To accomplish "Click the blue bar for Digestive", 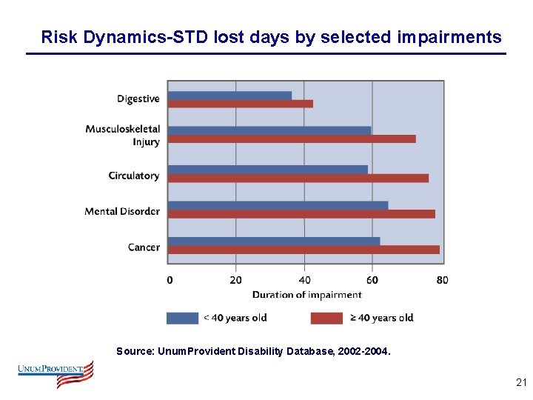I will [229, 95].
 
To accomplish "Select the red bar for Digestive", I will [240, 104].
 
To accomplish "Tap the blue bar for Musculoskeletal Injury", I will [269, 130].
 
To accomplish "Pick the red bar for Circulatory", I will [298, 178].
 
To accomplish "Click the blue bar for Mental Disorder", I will [278, 205].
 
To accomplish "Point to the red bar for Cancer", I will [304, 250].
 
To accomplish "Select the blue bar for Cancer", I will [274, 241].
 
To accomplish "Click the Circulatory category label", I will [133, 176].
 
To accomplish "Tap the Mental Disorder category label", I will [122, 211].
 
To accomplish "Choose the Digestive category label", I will [138, 99].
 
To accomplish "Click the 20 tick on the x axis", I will [235, 279].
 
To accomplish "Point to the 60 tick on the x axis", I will [372, 279].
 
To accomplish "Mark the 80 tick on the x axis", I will [442, 279].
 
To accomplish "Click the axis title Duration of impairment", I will [306, 294].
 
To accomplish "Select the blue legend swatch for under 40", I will [182, 318].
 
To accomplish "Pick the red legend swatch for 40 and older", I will [326, 318].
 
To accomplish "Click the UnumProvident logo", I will [56, 373].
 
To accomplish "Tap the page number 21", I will [520, 383].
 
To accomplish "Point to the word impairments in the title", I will [450, 37].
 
